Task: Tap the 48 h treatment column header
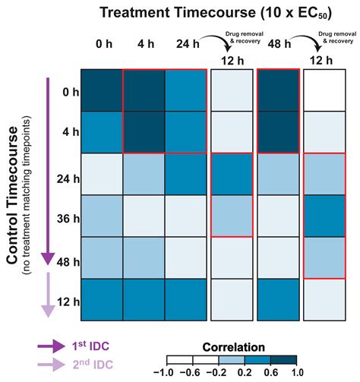click(272, 43)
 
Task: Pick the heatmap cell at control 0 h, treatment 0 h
click(101, 90)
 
